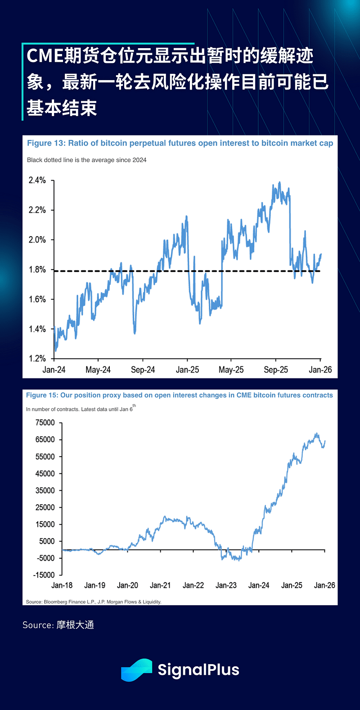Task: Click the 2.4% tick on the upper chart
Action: tap(37, 180)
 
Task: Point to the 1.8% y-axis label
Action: tap(37, 270)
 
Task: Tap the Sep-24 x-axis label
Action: tap(143, 370)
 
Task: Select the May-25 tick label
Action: tap(231, 370)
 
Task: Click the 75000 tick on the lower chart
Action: tap(45, 422)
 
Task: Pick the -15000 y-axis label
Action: tap(44, 575)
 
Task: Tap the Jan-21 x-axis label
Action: tap(160, 585)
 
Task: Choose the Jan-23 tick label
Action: tap(226, 585)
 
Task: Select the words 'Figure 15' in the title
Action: tap(42, 395)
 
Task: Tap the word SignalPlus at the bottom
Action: tap(198, 670)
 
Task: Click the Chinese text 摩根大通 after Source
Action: tap(75, 625)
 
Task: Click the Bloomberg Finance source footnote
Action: tap(94, 602)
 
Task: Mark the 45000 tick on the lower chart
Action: tap(45, 473)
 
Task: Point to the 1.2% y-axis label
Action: tap(37, 359)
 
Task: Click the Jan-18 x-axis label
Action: tap(62, 585)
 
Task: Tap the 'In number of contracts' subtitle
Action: tap(79, 409)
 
